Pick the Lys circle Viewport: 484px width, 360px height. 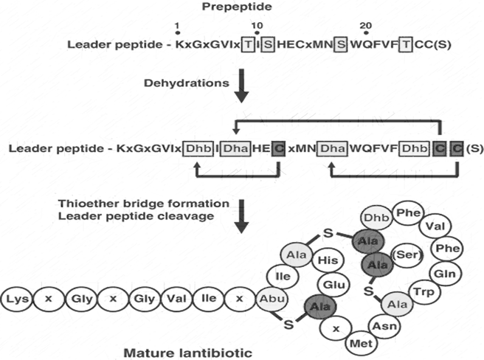18,302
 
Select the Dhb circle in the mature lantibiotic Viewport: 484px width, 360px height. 375,218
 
